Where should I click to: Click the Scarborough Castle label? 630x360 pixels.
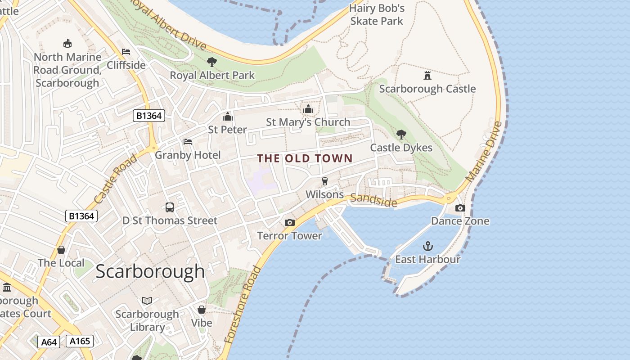pyautogui.click(x=427, y=89)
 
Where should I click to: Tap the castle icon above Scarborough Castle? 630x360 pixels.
pyautogui.click(x=427, y=75)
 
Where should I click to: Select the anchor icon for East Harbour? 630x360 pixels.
pyautogui.click(x=428, y=246)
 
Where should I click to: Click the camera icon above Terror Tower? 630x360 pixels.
pyautogui.click(x=290, y=222)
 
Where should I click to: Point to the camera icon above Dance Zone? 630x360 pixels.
pyautogui.click(x=460, y=208)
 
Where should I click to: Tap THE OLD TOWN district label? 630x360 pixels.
pyautogui.click(x=305, y=158)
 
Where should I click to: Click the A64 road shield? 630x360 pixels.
pyautogui.click(x=49, y=342)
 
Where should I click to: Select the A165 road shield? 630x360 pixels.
pyautogui.click(x=80, y=341)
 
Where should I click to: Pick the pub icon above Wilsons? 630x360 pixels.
pyautogui.click(x=324, y=181)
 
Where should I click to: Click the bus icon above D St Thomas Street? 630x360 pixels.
pyautogui.click(x=170, y=207)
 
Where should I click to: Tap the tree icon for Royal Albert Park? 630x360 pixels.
pyautogui.click(x=212, y=62)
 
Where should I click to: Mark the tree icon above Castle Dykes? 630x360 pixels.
pyautogui.click(x=401, y=134)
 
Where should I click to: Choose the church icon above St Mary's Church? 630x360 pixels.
pyautogui.click(x=308, y=109)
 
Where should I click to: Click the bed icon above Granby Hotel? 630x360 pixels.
pyautogui.click(x=188, y=142)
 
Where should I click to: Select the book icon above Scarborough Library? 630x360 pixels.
pyautogui.click(x=147, y=301)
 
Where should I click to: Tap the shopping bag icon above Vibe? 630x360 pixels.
pyautogui.click(x=202, y=310)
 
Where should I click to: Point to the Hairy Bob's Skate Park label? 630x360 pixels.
pyautogui.click(x=377, y=14)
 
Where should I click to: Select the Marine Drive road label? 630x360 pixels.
pyautogui.click(x=483, y=152)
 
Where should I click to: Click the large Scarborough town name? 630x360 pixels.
pyautogui.click(x=150, y=271)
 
